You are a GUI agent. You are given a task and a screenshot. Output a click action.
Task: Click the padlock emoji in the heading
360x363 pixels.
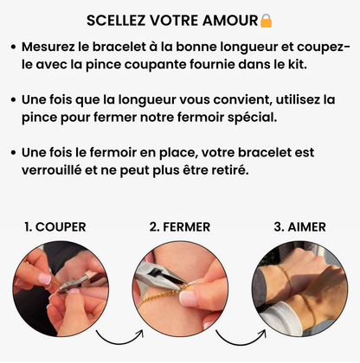(x=266, y=20)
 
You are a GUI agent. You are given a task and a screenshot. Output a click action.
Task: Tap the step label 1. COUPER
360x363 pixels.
(x=55, y=227)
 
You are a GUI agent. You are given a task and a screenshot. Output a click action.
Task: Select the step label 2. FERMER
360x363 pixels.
(x=179, y=227)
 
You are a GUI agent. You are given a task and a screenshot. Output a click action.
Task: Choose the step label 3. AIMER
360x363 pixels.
(x=300, y=227)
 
